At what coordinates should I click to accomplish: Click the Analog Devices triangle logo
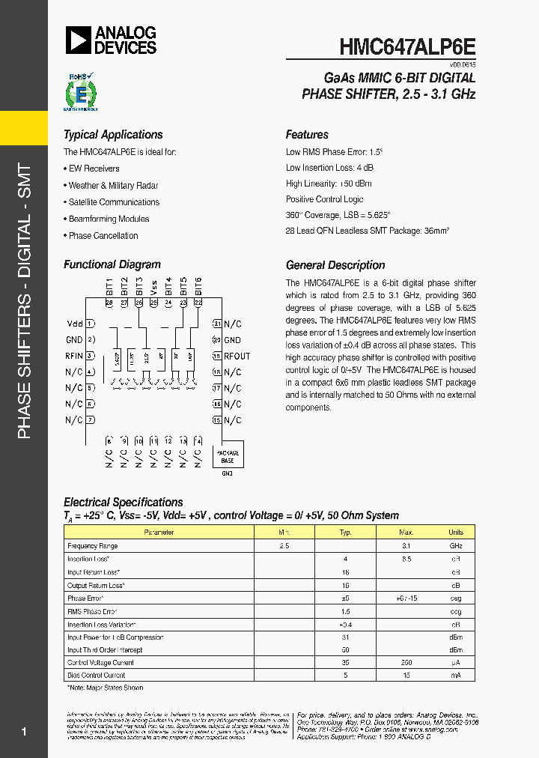78,40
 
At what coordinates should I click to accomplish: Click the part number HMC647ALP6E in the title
406,46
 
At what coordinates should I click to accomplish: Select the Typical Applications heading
113,135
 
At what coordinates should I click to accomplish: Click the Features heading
307,135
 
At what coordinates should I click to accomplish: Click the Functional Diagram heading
112,264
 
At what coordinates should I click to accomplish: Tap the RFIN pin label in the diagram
74,356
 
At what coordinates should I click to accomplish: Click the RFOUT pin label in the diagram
237,356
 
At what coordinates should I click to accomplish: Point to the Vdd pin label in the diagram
74,324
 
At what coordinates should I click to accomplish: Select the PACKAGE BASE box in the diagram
228,457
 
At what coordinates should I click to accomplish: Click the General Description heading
335,265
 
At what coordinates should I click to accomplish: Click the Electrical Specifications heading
124,502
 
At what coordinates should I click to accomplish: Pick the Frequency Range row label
93,546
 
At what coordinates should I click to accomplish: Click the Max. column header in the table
406,533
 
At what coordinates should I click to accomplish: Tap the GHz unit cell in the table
456,546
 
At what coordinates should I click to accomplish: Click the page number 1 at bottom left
25,732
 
